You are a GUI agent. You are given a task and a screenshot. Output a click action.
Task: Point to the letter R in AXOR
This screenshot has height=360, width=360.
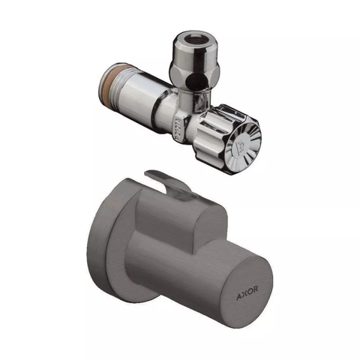[256, 289]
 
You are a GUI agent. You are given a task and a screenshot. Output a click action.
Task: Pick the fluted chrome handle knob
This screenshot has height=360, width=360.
[226, 140]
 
